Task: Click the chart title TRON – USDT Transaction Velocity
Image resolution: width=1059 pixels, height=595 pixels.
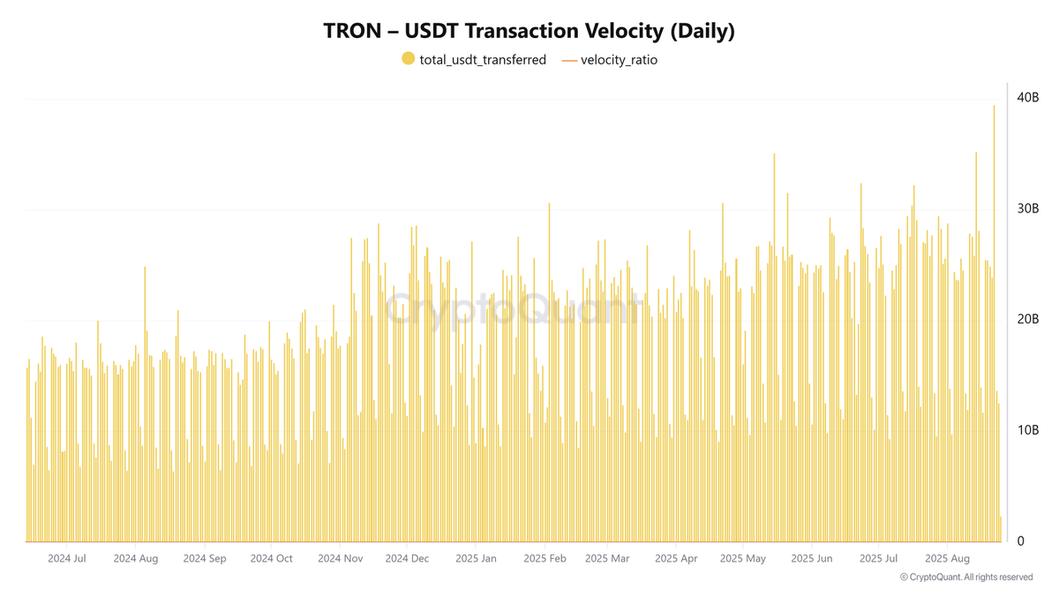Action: click(529, 30)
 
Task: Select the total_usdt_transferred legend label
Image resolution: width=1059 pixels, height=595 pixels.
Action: click(482, 60)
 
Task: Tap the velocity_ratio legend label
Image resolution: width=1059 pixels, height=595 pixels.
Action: click(619, 60)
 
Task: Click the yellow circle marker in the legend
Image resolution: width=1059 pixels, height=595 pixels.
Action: click(408, 59)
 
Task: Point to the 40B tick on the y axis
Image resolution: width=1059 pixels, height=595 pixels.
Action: click(1027, 98)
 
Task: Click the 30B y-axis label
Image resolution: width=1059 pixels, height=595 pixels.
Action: click(1027, 209)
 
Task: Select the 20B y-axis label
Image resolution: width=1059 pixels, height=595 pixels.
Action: click(1027, 319)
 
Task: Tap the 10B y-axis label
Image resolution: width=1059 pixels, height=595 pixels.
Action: click(1027, 430)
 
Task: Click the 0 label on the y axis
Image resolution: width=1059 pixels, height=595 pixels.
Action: click(1021, 541)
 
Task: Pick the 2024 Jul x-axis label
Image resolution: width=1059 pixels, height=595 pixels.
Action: click(67, 558)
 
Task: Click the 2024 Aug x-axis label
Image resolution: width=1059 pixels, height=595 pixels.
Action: click(136, 558)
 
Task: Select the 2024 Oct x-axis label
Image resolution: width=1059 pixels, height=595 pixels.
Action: click(271, 558)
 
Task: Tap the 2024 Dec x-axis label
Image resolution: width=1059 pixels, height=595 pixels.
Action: click(407, 558)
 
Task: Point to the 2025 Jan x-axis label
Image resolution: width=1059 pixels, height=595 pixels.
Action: click(476, 558)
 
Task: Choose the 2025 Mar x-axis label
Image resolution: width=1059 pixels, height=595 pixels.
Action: click(607, 558)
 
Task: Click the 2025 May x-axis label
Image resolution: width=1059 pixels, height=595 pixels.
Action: click(743, 558)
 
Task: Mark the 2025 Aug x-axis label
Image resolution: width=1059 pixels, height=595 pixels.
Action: click(947, 558)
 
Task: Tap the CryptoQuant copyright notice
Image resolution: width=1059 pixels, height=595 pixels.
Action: click(966, 577)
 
